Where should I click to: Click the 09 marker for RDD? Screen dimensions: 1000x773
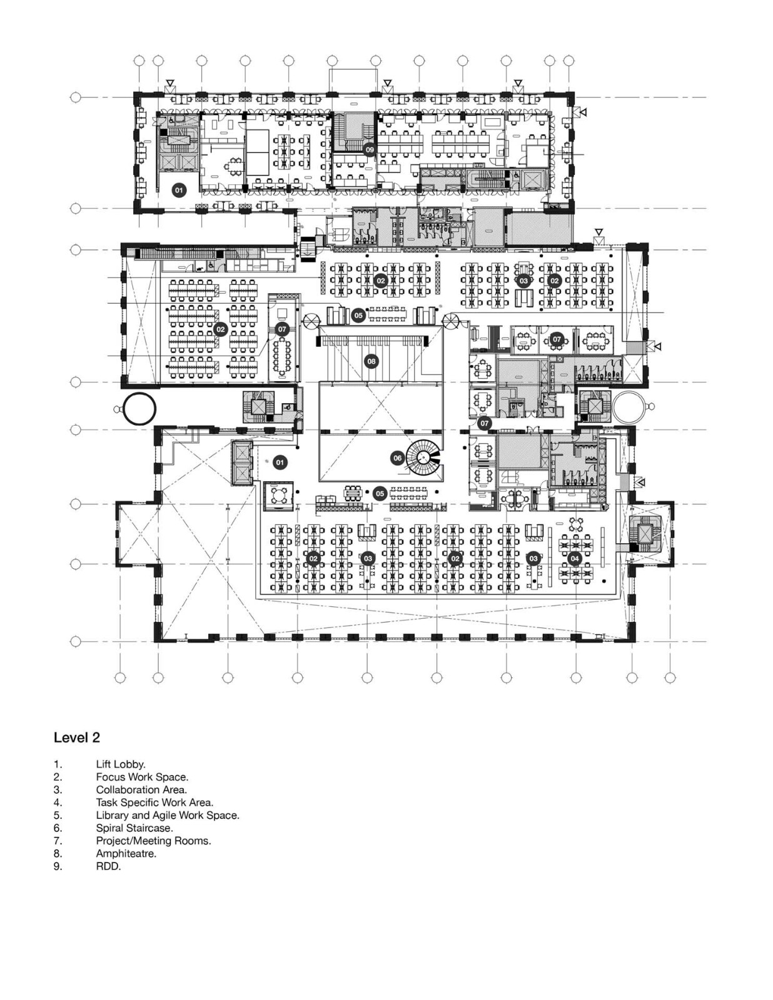point(370,149)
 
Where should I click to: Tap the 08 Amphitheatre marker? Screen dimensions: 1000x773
point(371,361)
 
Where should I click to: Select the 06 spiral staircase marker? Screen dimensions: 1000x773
point(398,458)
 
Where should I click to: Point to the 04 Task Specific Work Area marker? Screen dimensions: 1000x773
point(574,558)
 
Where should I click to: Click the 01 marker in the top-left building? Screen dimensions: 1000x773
point(179,190)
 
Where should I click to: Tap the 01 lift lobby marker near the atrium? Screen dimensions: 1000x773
point(280,462)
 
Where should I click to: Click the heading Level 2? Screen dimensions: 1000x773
point(77,737)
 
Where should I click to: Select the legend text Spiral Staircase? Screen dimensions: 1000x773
point(134,828)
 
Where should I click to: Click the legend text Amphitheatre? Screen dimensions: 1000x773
point(126,853)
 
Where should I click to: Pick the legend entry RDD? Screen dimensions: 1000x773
point(108,866)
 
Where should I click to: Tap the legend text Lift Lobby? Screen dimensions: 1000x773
point(120,764)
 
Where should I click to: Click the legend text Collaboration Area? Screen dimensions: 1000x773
point(141,789)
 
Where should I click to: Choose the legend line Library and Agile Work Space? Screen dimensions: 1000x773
point(167,815)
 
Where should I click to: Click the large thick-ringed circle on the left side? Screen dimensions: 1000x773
point(139,409)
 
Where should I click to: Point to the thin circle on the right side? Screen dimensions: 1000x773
point(629,407)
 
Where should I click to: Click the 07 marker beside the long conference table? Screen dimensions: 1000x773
point(282,329)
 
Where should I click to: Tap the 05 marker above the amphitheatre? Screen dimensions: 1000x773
point(358,316)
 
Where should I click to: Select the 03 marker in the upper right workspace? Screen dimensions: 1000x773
point(523,281)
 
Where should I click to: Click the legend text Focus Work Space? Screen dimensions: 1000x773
point(142,777)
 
